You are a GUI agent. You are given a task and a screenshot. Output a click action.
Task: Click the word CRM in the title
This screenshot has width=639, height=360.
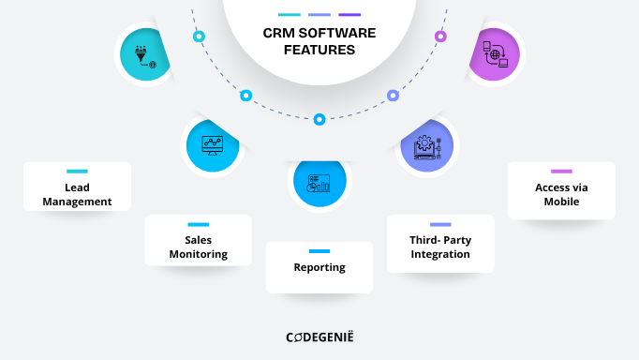tap(278, 33)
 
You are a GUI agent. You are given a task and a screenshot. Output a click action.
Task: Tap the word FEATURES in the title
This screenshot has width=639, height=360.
tap(319, 50)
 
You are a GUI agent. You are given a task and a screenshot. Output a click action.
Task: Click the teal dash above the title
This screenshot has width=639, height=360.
tap(290, 15)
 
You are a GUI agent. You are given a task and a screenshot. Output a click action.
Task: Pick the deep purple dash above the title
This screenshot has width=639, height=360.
tap(349, 15)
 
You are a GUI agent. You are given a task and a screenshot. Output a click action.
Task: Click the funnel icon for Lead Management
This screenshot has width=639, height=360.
tap(145, 54)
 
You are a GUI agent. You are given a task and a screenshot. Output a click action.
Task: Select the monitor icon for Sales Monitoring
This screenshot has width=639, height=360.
tap(212, 145)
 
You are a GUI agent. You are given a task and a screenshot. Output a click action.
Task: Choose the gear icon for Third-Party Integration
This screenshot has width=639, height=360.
tap(427, 147)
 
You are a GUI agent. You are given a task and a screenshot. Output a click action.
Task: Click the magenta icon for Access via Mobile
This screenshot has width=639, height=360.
tap(494, 53)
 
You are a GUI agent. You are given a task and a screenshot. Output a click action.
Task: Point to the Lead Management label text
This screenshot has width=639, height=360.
tap(77, 194)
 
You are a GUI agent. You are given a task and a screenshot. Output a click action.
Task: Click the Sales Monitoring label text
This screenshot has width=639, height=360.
tap(198, 247)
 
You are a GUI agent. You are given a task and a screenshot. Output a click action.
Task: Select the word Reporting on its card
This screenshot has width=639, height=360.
tap(319, 267)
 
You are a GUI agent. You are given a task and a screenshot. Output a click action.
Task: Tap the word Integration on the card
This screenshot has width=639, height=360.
tap(440, 254)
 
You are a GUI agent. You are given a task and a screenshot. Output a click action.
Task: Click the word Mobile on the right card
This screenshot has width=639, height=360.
tap(561, 201)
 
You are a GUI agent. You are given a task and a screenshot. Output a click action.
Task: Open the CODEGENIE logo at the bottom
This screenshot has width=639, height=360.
tap(319, 337)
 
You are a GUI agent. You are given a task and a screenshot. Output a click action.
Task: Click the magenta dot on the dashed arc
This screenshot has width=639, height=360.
tap(440, 37)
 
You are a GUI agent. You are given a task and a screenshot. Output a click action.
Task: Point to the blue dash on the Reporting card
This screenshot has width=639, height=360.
tap(319, 251)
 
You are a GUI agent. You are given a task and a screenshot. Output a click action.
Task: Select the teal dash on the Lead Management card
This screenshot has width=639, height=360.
tap(77, 172)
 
